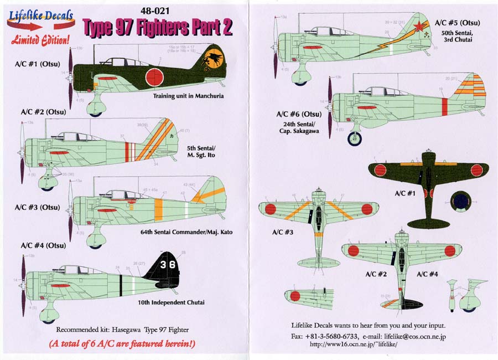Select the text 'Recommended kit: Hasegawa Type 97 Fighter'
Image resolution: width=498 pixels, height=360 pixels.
point(122,330)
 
